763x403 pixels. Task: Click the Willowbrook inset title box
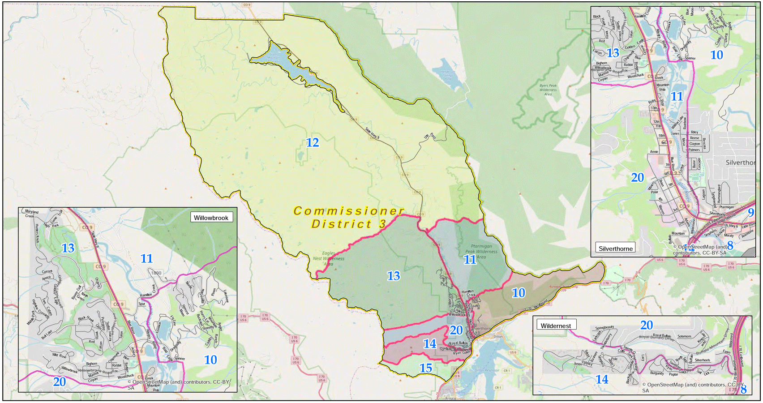click(x=211, y=218)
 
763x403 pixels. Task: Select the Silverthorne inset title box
click(x=616, y=249)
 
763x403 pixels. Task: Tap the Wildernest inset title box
click(x=555, y=326)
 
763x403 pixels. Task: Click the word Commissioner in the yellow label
click(x=348, y=211)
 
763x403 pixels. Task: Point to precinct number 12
click(x=312, y=143)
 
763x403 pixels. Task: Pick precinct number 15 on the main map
click(x=425, y=368)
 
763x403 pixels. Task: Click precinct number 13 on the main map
click(x=393, y=276)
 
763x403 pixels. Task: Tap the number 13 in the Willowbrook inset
click(x=68, y=248)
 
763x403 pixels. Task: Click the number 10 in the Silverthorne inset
click(x=716, y=55)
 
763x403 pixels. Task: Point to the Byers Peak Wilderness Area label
click(x=548, y=90)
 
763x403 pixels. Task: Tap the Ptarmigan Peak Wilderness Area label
click(x=481, y=251)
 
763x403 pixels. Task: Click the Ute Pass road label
click(x=430, y=136)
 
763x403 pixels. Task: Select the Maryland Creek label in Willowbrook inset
click(x=31, y=213)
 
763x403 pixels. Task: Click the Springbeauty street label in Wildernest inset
click(x=604, y=328)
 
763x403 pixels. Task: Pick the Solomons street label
click(x=684, y=336)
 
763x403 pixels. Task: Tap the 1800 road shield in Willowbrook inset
click(x=156, y=273)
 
